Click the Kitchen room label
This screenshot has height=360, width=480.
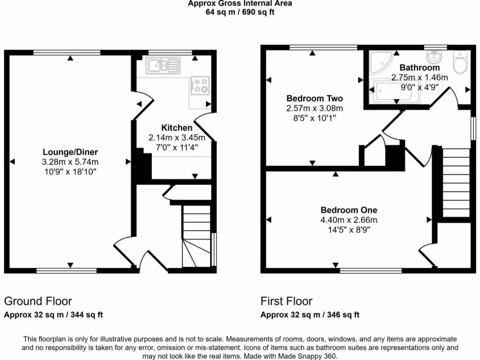click(x=177, y=127)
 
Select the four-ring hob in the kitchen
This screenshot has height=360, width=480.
click(x=201, y=85)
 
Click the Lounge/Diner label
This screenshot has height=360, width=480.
click(x=70, y=152)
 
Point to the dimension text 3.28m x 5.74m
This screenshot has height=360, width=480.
click(x=70, y=162)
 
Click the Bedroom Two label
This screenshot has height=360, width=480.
click(x=315, y=98)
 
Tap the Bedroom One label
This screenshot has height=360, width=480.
click(x=349, y=210)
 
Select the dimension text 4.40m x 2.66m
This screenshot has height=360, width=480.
click(x=349, y=220)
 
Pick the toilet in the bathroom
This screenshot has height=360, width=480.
click(x=460, y=62)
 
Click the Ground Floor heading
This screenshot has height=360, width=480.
click(x=38, y=301)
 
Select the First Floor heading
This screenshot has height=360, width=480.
click(x=286, y=301)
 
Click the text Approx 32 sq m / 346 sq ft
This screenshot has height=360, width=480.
click(x=310, y=315)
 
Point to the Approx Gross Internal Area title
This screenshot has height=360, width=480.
click(x=240, y=4)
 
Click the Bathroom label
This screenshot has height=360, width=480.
click(x=420, y=68)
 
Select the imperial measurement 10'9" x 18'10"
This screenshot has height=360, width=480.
click(x=70, y=172)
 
